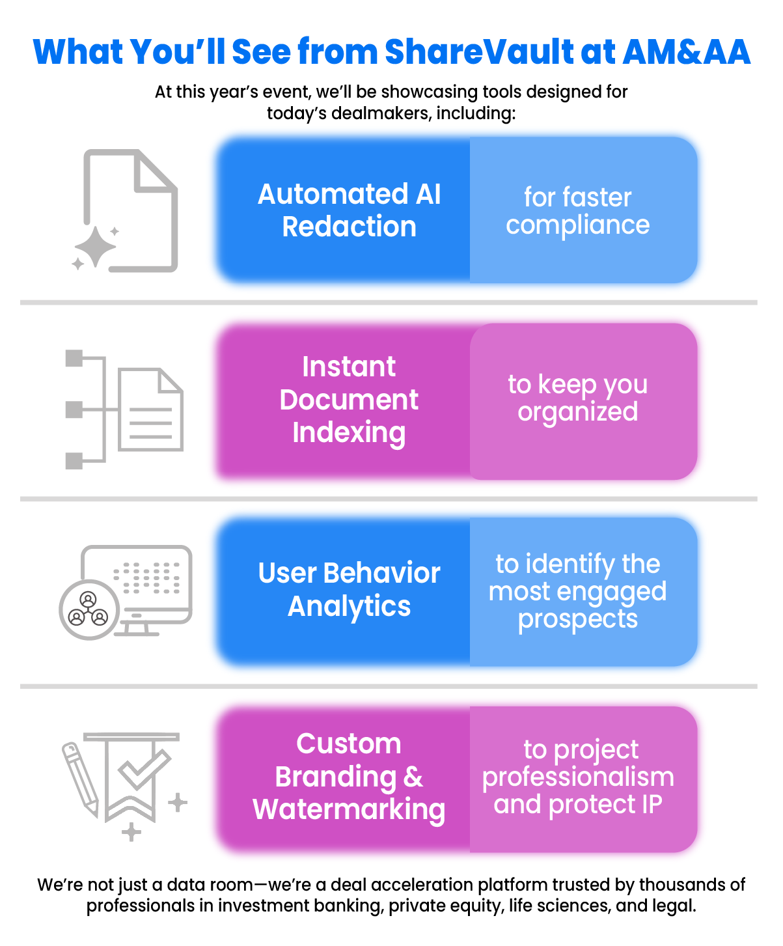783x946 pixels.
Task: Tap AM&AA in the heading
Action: click(687, 52)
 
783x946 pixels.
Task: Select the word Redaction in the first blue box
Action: click(349, 227)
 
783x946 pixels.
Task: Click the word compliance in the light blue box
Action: click(577, 226)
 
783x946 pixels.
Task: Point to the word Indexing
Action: click(349, 433)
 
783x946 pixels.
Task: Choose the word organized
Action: click(578, 412)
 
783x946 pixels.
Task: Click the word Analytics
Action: click(349, 607)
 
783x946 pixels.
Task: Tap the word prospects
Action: click(578, 620)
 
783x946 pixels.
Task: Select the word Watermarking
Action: click(349, 810)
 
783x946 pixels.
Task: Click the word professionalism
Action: click(578, 777)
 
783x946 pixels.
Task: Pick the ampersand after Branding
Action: click(413, 777)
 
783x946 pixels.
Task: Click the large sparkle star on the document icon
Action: click(95, 247)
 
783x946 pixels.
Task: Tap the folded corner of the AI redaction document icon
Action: click(156, 171)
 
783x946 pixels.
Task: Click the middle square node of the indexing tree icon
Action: click(74, 409)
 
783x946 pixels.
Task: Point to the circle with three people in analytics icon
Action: click(89, 610)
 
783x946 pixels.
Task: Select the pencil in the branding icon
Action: click(80, 779)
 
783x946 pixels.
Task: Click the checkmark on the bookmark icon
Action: click(144, 769)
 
